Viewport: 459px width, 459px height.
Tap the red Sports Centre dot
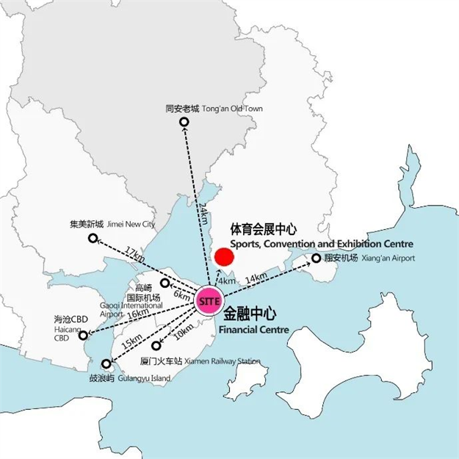click(x=223, y=258)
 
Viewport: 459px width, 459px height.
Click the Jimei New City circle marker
click(x=93, y=238)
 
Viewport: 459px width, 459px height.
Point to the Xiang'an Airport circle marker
click(x=317, y=258)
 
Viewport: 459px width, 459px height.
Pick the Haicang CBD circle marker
click(x=83, y=335)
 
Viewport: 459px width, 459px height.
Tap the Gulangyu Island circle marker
click(x=106, y=363)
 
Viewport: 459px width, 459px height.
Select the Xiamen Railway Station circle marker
click(x=156, y=345)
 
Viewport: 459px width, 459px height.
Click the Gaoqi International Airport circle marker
click(x=165, y=283)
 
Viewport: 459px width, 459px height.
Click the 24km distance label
click(x=203, y=215)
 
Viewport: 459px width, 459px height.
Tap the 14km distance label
click(x=256, y=278)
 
